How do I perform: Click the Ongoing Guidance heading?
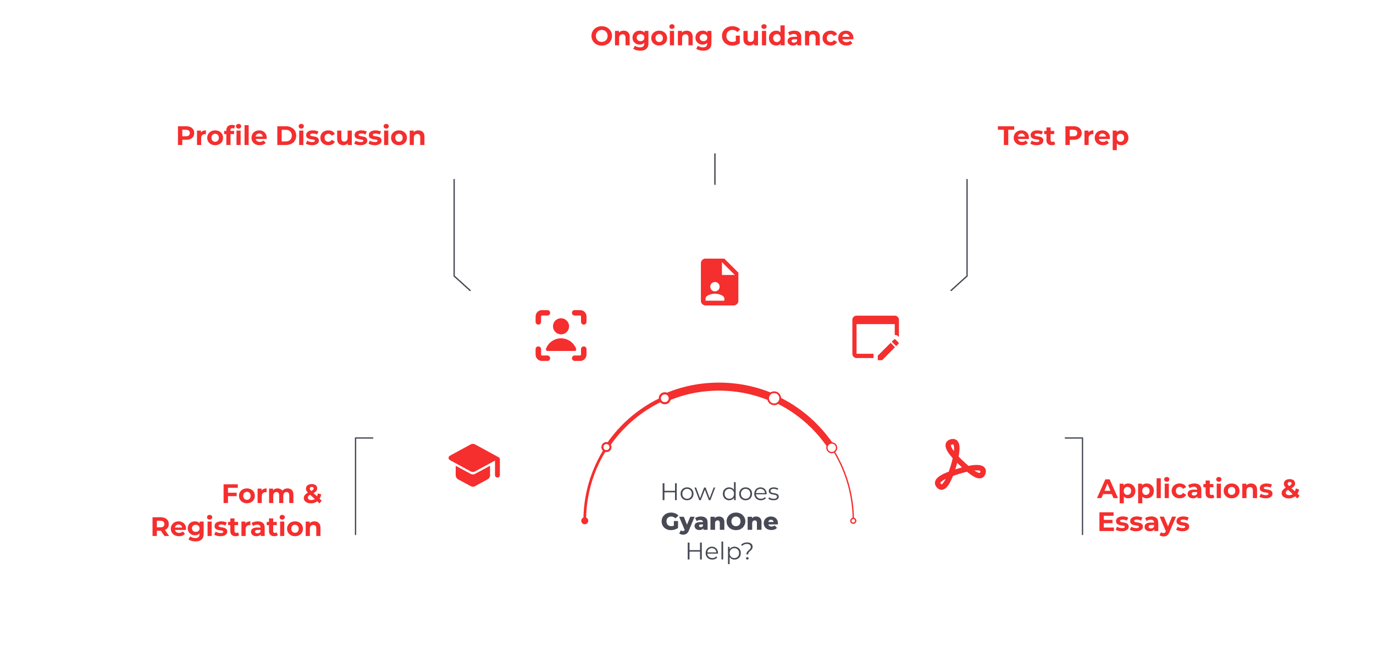(722, 37)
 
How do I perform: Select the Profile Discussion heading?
(301, 136)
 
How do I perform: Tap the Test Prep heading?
(1063, 136)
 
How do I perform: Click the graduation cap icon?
(474, 465)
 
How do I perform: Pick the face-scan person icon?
(561, 335)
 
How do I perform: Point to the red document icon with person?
(719, 282)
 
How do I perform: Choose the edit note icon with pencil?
(876, 337)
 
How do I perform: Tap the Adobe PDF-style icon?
(960, 465)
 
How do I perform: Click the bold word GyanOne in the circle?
(719, 522)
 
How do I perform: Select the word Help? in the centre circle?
(719, 551)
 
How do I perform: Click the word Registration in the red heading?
(236, 527)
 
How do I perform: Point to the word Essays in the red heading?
(1143, 522)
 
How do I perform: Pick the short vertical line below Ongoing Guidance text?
(715, 169)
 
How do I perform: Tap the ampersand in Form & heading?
(312, 494)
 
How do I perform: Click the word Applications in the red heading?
(1185, 489)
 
